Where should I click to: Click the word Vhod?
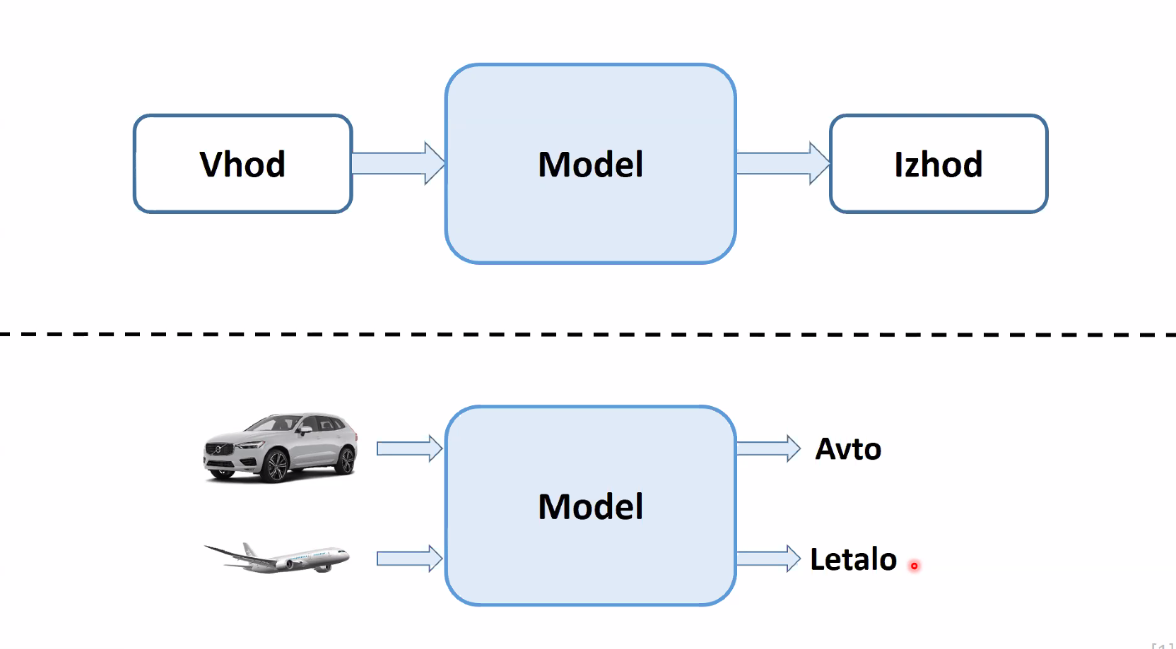pyautogui.click(x=242, y=165)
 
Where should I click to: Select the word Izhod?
pyautogui.click(x=938, y=165)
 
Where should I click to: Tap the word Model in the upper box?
pyautogui.click(x=591, y=165)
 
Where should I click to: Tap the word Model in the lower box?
pyautogui.click(x=591, y=506)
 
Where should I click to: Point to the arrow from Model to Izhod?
pyautogui.click(x=783, y=163)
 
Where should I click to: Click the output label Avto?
pyautogui.click(x=848, y=449)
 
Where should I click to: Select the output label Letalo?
pyautogui.click(x=854, y=559)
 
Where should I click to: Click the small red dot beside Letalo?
pyautogui.click(x=914, y=566)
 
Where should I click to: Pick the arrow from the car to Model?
pyautogui.click(x=409, y=448)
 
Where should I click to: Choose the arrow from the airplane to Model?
pyautogui.click(x=409, y=558)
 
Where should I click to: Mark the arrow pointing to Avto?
pyautogui.click(x=769, y=448)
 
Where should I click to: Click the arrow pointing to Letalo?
pyautogui.click(x=769, y=558)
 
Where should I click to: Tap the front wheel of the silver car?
pyautogui.click(x=276, y=466)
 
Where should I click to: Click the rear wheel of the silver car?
pyautogui.click(x=346, y=460)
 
